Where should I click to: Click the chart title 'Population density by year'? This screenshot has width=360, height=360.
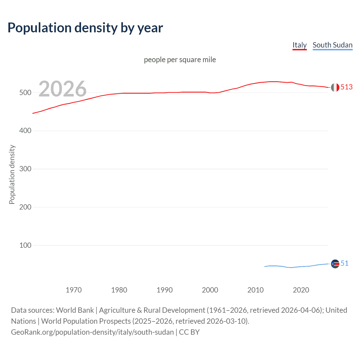pos(85,28)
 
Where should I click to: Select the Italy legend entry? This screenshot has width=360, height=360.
pos(300,45)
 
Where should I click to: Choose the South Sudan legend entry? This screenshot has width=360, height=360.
pos(332,45)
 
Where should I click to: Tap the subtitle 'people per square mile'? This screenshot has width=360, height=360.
pos(180,60)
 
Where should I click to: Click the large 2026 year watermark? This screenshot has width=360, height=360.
pos(62,89)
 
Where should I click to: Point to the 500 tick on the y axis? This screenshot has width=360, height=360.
pos(25,93)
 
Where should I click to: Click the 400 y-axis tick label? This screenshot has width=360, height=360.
pos(25,131)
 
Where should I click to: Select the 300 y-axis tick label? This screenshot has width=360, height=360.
pos(25,169)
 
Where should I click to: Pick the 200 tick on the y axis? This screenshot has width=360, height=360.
pos(25,207)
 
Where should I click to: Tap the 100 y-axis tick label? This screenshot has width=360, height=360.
pos(25,246)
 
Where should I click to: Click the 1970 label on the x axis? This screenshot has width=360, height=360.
pos(74,290)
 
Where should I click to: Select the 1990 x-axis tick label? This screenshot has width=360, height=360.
pos(165,290)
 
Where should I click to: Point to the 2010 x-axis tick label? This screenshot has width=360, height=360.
pos(255,290)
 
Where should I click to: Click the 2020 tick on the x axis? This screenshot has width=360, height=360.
pos(301,290)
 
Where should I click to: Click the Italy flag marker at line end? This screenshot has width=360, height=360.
pos(335,87)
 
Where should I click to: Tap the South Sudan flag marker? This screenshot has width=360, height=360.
pos(335,264)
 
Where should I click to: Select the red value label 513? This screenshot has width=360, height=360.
pos(346,87)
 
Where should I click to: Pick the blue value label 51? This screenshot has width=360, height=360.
pos(345,264)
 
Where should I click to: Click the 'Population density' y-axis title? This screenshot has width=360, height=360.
pos(12,174)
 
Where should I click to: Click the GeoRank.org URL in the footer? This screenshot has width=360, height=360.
pos(92,332)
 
